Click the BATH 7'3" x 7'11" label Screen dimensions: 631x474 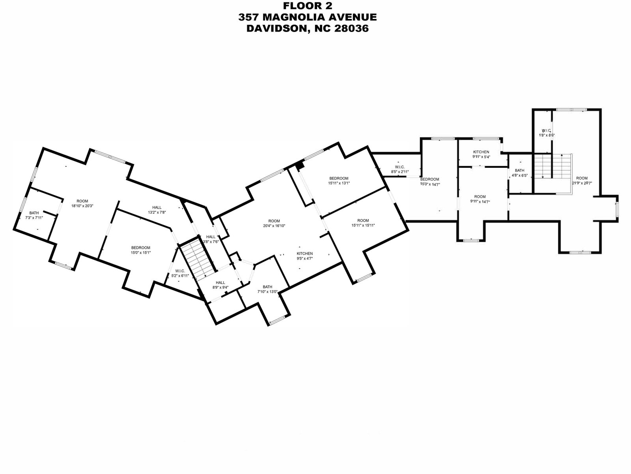tap(34, 215)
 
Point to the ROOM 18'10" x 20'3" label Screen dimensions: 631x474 tap(82, 203)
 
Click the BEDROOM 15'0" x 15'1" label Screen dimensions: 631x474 tap(141, 250)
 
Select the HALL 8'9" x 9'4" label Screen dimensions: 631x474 tap(220, 285)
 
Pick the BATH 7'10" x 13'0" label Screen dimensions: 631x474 tap(267, 289)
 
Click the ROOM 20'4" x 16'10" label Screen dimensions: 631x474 tap(274, 223)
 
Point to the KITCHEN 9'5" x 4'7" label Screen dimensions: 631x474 tap(304, 256)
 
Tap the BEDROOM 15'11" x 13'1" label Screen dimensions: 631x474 tap(339, 180)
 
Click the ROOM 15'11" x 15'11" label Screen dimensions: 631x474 tap(363, 223)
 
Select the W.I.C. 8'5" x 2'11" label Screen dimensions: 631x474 tap(400, 169)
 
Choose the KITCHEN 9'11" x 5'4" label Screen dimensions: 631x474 tap(481, 154)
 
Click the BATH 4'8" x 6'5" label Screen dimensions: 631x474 tap(519, 173)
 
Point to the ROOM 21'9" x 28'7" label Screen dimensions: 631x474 tap(582, 180)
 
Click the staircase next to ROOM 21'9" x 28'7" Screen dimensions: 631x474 tap(552, 166)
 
